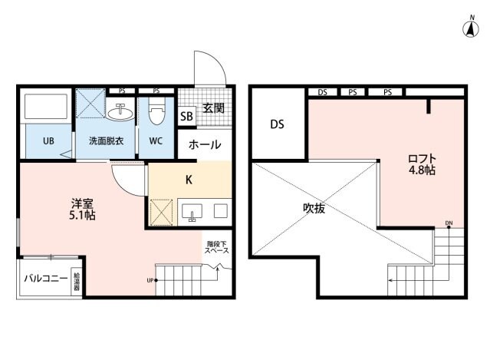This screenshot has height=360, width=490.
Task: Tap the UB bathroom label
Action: (x=48, y=141)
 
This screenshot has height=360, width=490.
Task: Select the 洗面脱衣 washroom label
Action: (x=105, y=141)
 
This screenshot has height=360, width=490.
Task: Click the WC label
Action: (x=156, y=141)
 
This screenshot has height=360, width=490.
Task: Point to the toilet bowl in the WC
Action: (x=156, y=114)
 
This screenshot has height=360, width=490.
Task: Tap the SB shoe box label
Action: (x=186, y=117)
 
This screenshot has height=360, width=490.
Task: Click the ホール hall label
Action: (x=205, y=144)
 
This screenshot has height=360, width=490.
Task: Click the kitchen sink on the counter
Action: (x=192, y=210)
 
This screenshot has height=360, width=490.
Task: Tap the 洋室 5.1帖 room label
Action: (x=83, y=209)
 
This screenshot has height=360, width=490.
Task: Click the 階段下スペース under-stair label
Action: (x=216, y=248)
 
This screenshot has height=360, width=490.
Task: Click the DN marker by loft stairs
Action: (x=449, y=225)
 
